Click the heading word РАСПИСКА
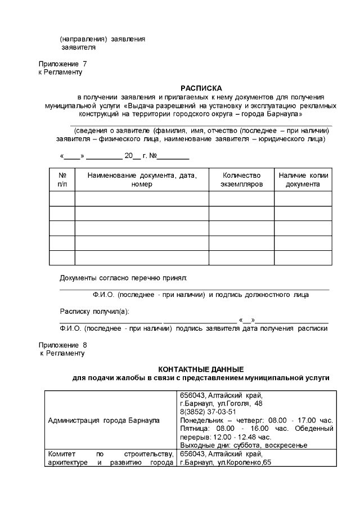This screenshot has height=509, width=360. coord(201,88)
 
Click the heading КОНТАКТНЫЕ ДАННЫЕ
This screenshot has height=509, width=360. coord(201,369)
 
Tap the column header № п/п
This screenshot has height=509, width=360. coord(62,179)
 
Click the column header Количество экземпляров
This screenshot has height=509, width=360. coord(241,179)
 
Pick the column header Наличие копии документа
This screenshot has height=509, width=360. coord(303,179)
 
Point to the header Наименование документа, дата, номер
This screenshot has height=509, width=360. coord(142,179)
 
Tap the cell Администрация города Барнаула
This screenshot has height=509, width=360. coord(103,420)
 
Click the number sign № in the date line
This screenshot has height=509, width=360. coord(152,156)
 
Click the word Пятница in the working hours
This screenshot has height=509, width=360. coord(193,429)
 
